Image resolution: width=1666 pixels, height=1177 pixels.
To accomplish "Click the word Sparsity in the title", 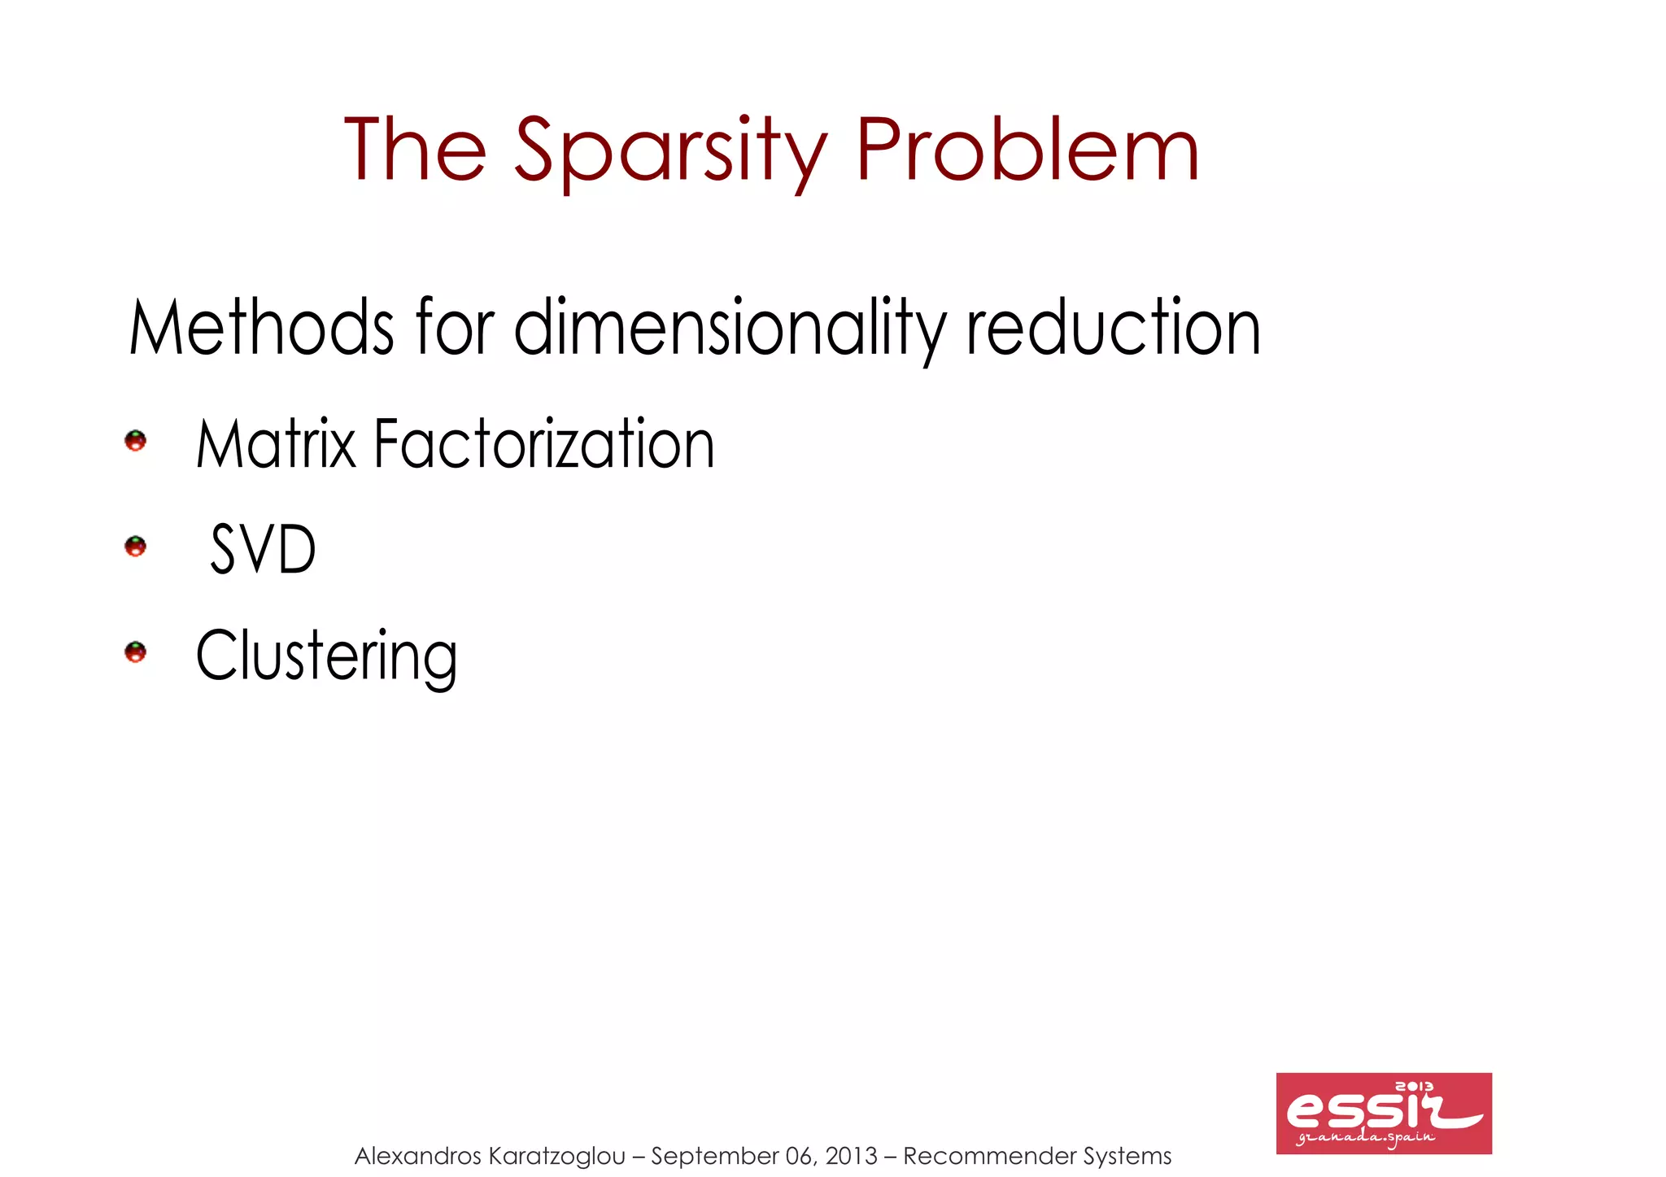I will pyautogui.click(x=670, y=150).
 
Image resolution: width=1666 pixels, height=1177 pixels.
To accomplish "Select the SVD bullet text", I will pyautogui.click(x=263, y=550).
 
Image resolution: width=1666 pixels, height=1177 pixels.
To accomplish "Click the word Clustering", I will pyautogui.click(x=326, y=656).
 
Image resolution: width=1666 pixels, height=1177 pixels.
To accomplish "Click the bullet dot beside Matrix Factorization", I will pyautogui.click(x=135, y=441).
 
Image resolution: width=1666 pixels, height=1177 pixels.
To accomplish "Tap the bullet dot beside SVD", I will pyautogui.click(x=135, y=546).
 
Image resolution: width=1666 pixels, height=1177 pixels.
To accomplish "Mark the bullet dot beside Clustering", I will pyautogui.click(x=135, y=652).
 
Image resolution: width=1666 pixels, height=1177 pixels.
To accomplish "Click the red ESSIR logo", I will pyautogui.click(x=1383, y=1113).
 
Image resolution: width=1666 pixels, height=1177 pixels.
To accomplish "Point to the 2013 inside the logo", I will pyautogui.click(x=1414, y=1087).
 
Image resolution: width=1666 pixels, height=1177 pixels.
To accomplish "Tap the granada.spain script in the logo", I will pyautogui.click(x=1367, y=1137).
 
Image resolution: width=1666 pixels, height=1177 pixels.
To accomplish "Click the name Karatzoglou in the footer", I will pyautogui.click(x=557, y=1156).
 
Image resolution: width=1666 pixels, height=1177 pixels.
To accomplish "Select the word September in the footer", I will pyautogui.click(x=714, y=1156).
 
